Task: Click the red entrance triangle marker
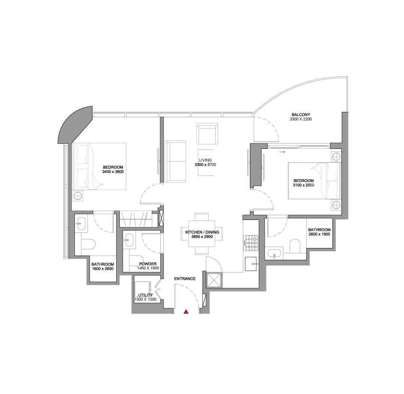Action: [186, 312]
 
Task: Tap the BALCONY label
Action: [301, 114]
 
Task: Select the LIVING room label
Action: [205, 160]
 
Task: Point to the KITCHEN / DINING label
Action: [202, 232]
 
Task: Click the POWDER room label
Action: [147, 264]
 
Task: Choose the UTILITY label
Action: [145, 295]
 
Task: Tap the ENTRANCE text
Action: [185, 279]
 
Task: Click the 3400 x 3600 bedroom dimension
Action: [113, 172]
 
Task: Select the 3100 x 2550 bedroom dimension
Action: [303, 185]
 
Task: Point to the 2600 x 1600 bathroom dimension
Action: [319, 234]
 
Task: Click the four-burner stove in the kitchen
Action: [251, 243]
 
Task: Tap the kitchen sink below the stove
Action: [251, 264]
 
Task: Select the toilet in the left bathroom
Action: [88, 244]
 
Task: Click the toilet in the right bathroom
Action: [295, 246]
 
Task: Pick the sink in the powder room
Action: [129, 240]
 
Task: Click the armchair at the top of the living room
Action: [207, 134]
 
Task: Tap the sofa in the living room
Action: [175, 161]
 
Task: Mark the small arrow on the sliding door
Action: [282, 152]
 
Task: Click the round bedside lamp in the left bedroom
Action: [78, 196]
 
